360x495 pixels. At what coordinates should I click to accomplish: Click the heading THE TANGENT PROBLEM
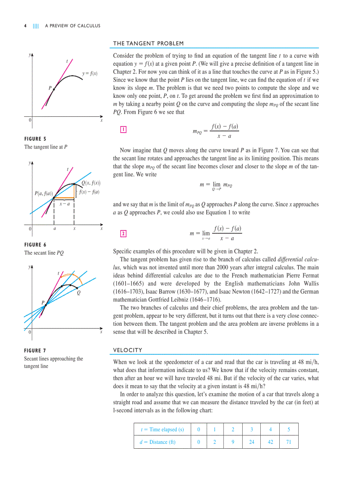pos(148,43)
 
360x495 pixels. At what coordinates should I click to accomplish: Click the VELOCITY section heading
pos(128,350)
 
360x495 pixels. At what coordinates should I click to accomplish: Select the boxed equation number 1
pos(124,130)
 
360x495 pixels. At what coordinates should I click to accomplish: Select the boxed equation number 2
pos(124,233)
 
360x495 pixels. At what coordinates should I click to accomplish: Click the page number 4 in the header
pos(25,26)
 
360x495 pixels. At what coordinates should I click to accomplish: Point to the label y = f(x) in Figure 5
pos(90,73)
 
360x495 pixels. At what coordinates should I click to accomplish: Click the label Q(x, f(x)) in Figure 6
pos(91,183)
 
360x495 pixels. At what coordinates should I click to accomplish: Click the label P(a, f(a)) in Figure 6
pos(44,194)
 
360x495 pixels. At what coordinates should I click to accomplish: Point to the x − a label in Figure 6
pos(64,204)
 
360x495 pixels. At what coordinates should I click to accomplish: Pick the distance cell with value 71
pos(289,442)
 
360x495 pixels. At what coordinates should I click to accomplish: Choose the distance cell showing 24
pos(251,442)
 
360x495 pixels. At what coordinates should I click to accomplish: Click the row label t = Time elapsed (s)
pos(162,429)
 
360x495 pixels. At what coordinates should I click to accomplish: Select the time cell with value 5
pos(289,429)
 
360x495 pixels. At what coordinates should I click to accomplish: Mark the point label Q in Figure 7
pos(78,292)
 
